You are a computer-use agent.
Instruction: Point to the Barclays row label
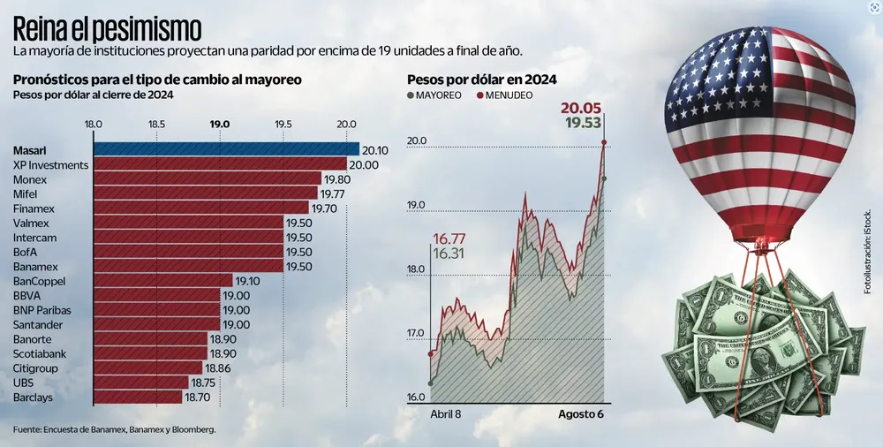(x=34, y=398)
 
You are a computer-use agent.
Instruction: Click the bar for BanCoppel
(x=162, y=281)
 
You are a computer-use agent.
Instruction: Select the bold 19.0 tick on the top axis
(x=220, y=125)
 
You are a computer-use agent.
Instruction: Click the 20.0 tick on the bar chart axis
(x=346, y=125)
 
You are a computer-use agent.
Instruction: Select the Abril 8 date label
(x=446, y=413)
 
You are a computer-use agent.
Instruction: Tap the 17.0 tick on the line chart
(x=416, y=333)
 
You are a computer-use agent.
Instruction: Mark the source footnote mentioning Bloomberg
(x=115, y=429)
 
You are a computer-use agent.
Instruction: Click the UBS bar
(x=141, y=383)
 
